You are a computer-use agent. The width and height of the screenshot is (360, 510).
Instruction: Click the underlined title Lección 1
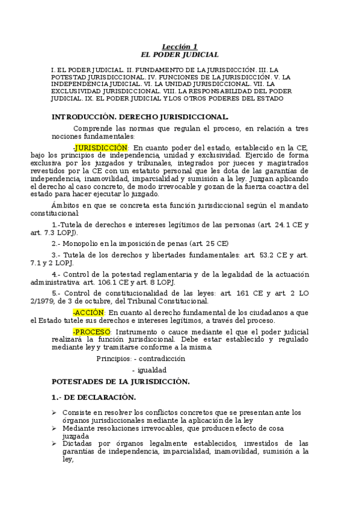pyautogui.click(x=180, y=47)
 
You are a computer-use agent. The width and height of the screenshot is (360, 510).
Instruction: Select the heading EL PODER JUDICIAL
pyautogui.click(x=180, y=54)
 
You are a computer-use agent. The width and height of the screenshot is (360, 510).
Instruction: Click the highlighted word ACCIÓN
pyautogui.click(x=89, y=313)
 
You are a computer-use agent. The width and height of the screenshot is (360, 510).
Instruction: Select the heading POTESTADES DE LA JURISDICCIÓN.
pyautogui.click(x=121, y=381)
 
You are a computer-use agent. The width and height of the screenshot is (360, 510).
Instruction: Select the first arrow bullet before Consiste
pyautogui.click(x=54, y=412)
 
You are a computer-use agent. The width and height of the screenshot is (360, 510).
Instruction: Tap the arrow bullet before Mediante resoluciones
pyautogui.click(x=54, y=428)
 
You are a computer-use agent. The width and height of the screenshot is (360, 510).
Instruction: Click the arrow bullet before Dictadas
pyautogui.click(x=54, y=444)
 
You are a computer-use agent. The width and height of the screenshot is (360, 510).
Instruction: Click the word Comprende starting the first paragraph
pyautogui.click(x=93, y=128)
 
